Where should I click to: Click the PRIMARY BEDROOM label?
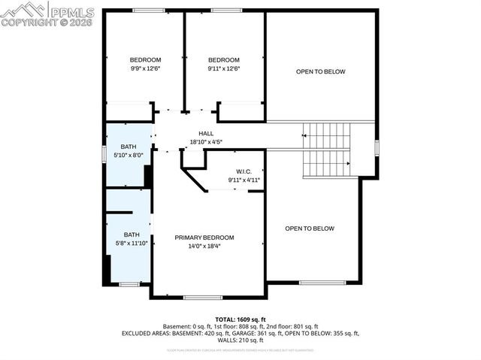(x=204, y=237)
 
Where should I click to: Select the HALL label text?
(x=206, y=133)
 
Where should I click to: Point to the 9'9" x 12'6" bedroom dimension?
(x=145, y=68)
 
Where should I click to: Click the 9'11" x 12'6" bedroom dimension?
(x=224, y=68)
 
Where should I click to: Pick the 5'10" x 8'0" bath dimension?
(x=129, y=155)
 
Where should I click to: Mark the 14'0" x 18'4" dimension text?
(x=204, y=246)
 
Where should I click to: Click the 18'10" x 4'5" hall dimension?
(x=206, y=141)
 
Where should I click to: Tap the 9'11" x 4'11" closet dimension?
(x=244, y=180)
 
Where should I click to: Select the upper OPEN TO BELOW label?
(x=320, y=72)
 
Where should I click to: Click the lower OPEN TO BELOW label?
(x=310, y=228)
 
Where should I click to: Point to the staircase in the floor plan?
(x=326, y=148)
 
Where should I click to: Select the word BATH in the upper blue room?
(x=129, y=147)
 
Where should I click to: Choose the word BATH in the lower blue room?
(x=132, y=234)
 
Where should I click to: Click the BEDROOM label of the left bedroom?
(x=145, y=60)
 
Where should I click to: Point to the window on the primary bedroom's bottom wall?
(x=203, y=298)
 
